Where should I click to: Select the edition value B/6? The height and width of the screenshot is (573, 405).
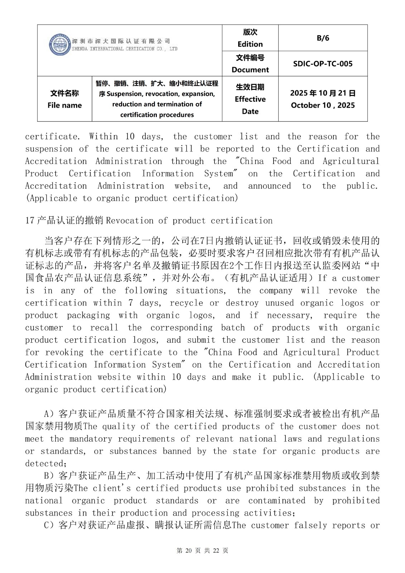point(323,38)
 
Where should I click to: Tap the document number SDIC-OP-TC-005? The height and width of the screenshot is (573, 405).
point(323,64)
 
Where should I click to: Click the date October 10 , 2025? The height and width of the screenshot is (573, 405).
point(323,105)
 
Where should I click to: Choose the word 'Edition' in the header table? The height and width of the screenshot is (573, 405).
point(250,44)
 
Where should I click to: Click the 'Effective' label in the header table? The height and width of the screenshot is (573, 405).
point(250,99)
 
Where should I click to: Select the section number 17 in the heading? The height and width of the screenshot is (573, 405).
point(29,221)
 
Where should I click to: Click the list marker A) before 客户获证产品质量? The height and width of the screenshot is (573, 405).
point(49,414)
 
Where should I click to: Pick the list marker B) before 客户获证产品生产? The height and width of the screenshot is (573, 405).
point(49,476)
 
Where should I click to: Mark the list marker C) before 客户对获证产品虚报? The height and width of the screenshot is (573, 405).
point(49,525)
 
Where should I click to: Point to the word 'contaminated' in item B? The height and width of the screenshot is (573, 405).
point(277,501)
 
